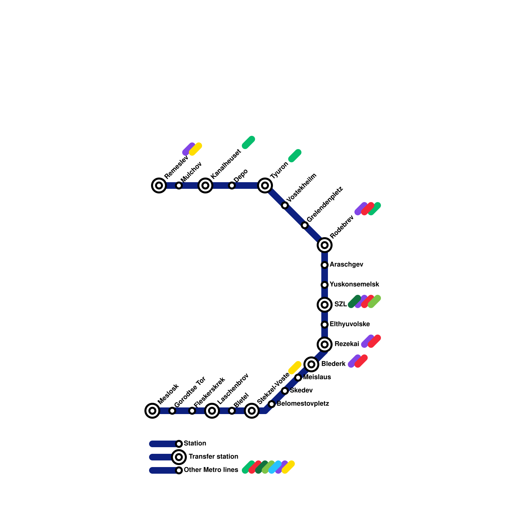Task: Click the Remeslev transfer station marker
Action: pos(159,185)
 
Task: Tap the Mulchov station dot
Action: pos(179,185)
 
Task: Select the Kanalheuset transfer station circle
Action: pos(205,185)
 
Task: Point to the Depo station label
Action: pos(240,176)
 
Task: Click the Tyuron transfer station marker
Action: pos(265,185)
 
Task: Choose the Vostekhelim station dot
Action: pos(285,205)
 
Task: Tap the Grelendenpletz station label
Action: pos(325,204)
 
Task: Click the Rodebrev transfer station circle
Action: pos(325,245)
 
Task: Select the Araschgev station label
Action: pos(346,265)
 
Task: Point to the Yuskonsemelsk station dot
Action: pos(325,285)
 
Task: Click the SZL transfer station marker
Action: pos(325,305)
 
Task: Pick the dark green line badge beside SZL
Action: pos(354,301)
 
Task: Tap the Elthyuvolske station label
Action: pos(350,324)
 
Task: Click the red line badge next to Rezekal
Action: pos(374,341)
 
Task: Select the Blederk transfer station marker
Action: pos(311,364)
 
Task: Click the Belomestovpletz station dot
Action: pos(272,404)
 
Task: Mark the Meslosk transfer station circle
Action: pos(152,411)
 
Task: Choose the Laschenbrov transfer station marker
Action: pos(212,411)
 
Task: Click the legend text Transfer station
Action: pos(213,457)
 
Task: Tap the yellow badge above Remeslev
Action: pos(195,149)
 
